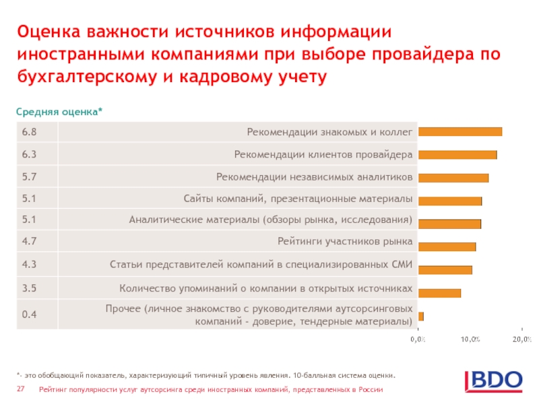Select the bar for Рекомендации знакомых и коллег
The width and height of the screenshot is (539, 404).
point(460,132)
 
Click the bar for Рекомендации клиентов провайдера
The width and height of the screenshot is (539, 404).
point(457,155)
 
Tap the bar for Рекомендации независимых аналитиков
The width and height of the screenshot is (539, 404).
point(453,178)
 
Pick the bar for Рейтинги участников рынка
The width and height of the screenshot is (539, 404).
point(447,246)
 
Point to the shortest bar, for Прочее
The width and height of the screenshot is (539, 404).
point(421,316)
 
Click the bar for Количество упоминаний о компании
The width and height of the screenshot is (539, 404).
point(439,293)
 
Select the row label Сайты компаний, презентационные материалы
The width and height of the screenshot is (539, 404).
point(298,199)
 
